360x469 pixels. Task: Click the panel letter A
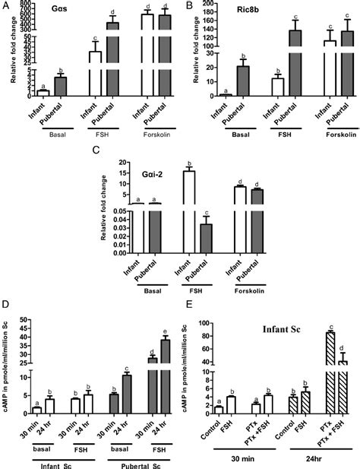[5, 7]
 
